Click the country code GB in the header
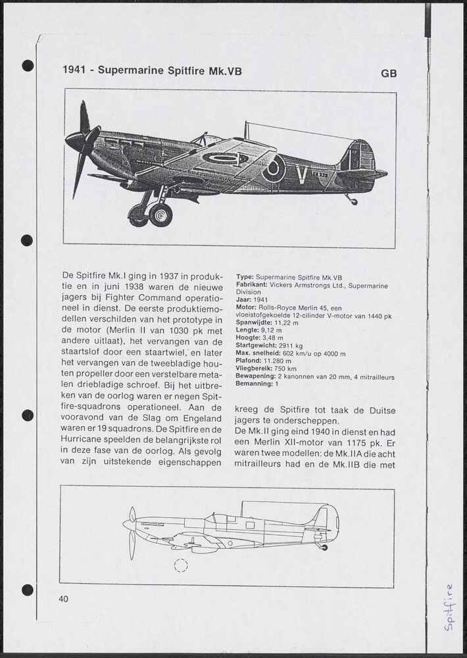point(389,74)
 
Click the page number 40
point(63,599)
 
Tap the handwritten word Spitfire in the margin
point(449,607)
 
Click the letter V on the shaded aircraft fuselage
point(302,174)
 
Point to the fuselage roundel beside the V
point(274,169)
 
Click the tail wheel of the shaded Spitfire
point(354,201)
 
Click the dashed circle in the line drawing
point(181,565)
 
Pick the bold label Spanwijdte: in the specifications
point(254,323)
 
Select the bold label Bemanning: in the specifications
point(254,384)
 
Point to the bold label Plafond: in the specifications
point(249,361)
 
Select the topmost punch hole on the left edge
point(28,65)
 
